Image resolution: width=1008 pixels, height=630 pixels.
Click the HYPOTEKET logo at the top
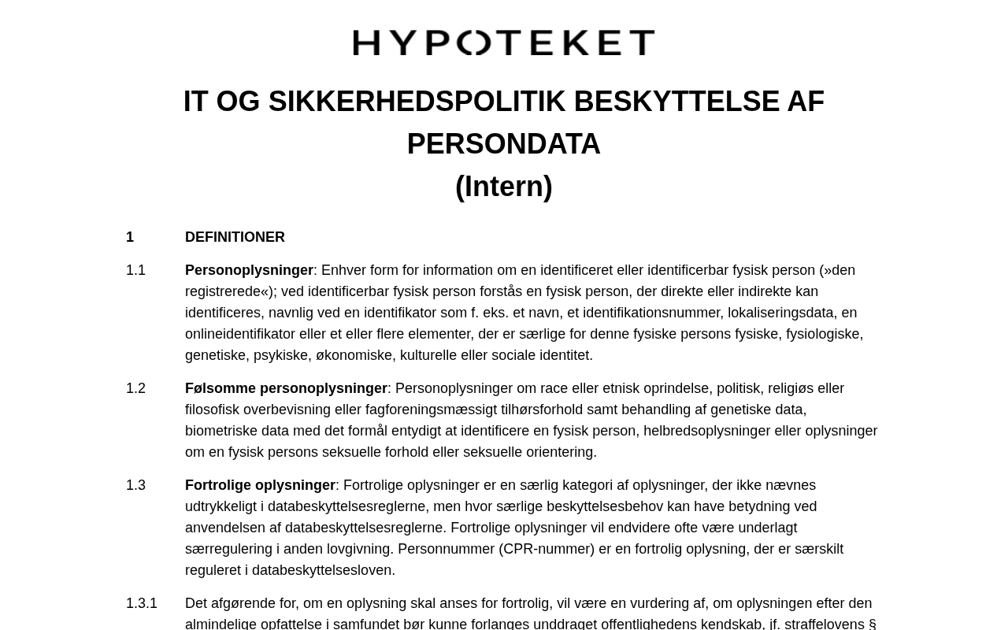pyautogui.click(x=504, y=43)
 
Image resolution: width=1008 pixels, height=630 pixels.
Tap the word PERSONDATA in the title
pyautogui.click(x=504, y=144)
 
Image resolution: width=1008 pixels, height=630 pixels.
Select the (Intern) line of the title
pyautogui.click(x=504, y=187)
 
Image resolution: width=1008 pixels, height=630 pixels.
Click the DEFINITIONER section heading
pyautogui.click(x=235, y=237)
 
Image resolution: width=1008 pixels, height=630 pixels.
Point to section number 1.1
pyautogui.click(x=135, y=270)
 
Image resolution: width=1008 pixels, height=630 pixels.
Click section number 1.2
pyautogui.click(x=135, y=388)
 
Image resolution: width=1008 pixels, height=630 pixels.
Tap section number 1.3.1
pyautogui.click(x=142, y=603)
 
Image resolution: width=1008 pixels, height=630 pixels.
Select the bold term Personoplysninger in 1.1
pyautogui.click(x=249, y=270)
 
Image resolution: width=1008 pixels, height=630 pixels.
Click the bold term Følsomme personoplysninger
pyautogui.click(x=286, y=388)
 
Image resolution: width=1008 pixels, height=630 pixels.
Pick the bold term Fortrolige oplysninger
pyautogui.click(x=260, y=485)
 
